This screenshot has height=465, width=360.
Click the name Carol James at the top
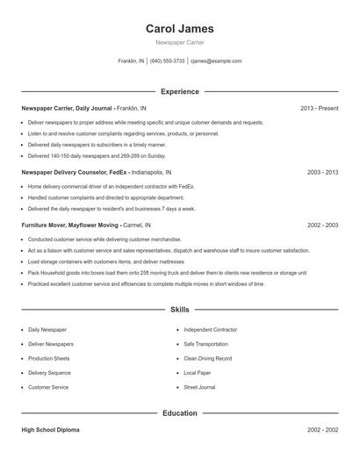point(179,29)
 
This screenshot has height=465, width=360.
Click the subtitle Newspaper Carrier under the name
point(179,43)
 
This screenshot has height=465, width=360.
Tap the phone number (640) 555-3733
point(167,61)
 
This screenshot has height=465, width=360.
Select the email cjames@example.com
point(216,61)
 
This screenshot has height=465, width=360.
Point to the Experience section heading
point(179,91)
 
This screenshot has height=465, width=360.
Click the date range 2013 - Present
point(319,108)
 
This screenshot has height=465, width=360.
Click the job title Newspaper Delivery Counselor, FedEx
point(77,173)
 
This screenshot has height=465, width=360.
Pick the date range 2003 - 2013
point(322,173)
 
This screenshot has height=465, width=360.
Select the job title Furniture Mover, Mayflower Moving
point(71,225)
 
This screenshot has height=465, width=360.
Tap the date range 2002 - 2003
point(322,225)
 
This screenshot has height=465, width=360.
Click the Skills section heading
point(179,310)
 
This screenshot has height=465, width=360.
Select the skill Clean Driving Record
point(207,358)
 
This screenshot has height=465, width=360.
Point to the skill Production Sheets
point(49,358)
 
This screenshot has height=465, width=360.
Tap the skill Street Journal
point(199,387)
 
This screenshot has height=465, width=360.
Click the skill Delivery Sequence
point(50,373)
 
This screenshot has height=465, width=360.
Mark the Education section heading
point(179,412)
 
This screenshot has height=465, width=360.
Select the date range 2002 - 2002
point(322,430)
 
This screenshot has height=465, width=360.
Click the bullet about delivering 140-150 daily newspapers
point(97,155)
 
